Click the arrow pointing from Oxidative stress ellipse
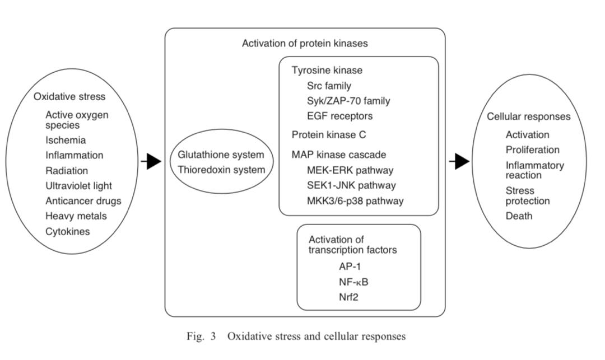[151, 161]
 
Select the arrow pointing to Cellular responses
[459, 161]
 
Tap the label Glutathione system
[221, 155]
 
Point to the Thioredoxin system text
[221, 170]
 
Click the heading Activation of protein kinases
[305, 43]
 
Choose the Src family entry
[329, 86]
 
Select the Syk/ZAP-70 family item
[348, 101]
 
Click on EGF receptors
[340, 116]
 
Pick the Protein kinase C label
[329, 135]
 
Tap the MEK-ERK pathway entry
[350, 170]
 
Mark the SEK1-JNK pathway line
[351, 185]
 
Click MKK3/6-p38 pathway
[355, 201]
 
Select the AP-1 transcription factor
[350, 267]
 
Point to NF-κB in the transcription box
[354, 282]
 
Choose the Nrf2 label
[349, 297]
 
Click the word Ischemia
[66, 141]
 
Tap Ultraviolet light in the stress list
[79, 186]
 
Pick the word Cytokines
[68, 232]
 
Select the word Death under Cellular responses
[519, 216]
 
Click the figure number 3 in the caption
[213, 336]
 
